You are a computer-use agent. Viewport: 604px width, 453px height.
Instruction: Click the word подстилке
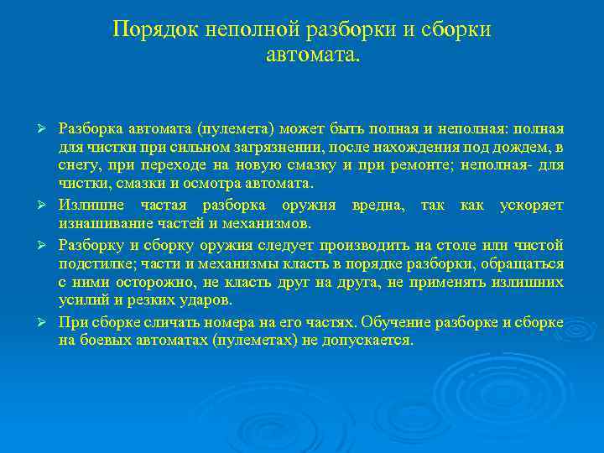(x=91, y=263)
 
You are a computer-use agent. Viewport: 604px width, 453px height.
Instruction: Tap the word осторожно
(x=167, y=282)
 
